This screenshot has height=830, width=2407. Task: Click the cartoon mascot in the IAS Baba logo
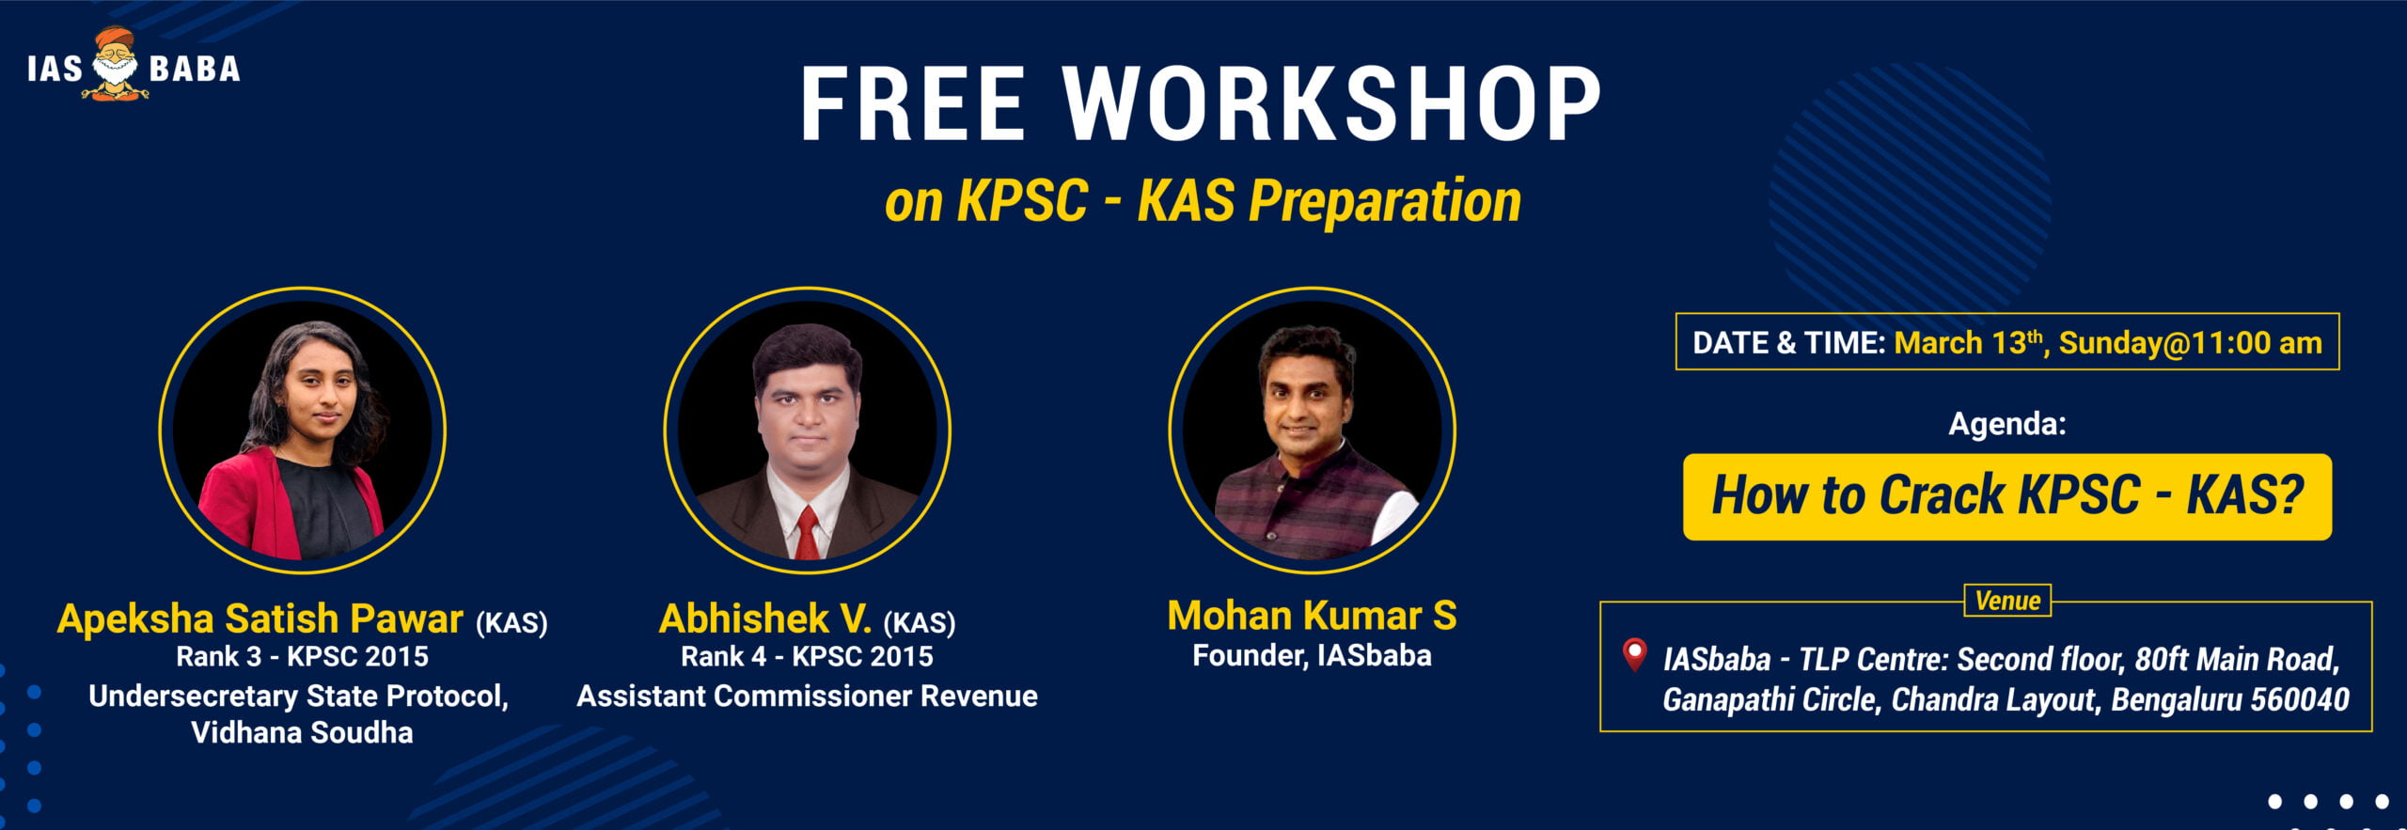point(115,64)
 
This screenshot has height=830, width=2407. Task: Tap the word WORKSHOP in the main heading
point(1331,104)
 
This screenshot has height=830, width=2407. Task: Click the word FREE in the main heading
point(912,104)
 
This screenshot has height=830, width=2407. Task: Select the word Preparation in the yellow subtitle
point(1385,202)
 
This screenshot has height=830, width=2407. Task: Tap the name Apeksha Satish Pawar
point(260,619)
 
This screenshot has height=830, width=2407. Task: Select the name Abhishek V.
point(765,619)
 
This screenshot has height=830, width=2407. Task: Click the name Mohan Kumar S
point(1312,616)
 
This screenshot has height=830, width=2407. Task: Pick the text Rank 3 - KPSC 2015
point(302,656)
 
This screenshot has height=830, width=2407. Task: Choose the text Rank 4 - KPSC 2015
point(807,656)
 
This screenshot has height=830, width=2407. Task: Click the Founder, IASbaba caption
point(1312,655)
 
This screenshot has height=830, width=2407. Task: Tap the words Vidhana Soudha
point(302,732)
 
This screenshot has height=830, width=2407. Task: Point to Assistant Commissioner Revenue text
point(807,696)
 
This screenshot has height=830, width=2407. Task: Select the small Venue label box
point(2007,601)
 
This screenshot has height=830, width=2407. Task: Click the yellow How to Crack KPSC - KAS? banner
point(2007,496)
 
